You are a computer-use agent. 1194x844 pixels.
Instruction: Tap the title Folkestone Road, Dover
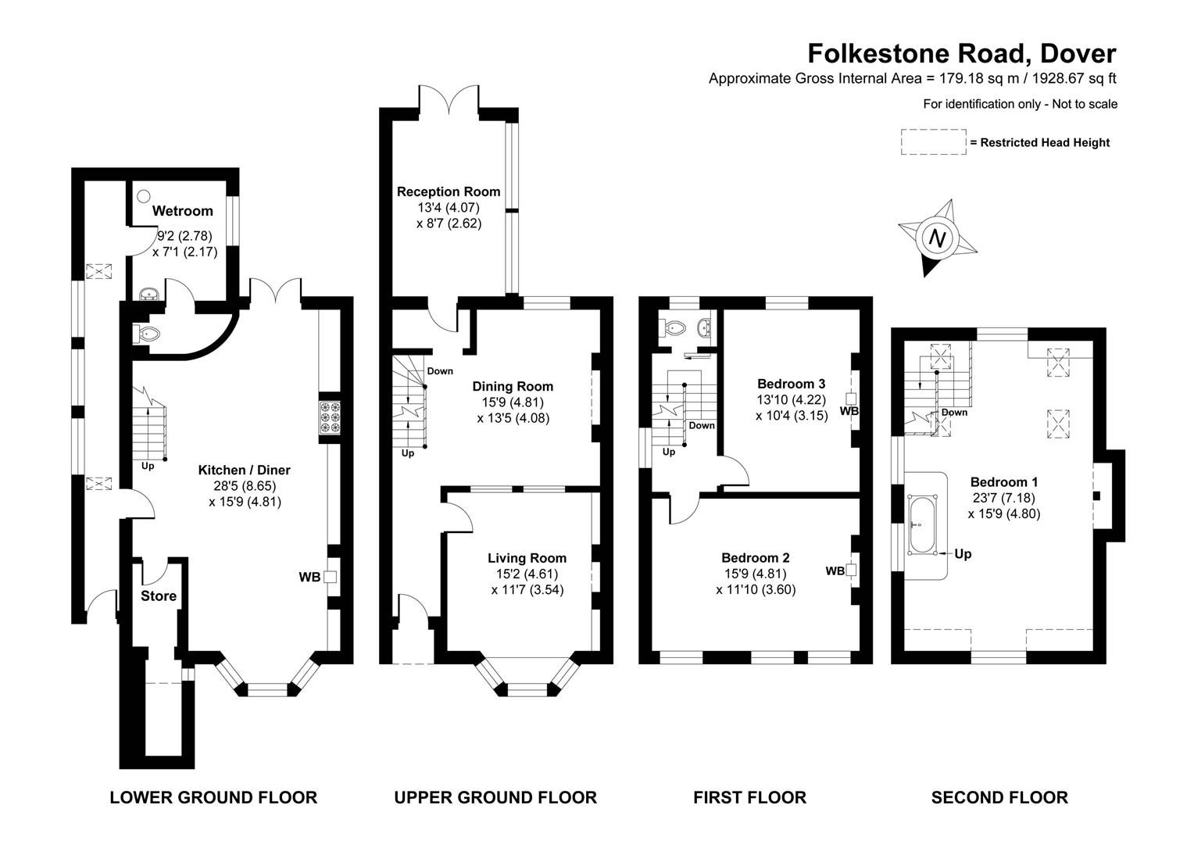(x=961, y=53)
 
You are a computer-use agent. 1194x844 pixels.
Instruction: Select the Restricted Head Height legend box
(x=933, y=142)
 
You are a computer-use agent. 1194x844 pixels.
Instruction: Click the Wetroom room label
(x=182, y=211)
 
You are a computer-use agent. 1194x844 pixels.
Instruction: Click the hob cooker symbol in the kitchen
(x=329, y=417)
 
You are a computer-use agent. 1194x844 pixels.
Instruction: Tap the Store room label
(x=159, y=595)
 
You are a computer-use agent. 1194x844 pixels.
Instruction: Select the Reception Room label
(x=449, y=191)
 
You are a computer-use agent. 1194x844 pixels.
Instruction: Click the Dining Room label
(x=513, y=386)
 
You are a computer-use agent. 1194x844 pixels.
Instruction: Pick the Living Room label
(x=527, y=558)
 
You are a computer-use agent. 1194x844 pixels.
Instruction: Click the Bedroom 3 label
(x=791, y=384)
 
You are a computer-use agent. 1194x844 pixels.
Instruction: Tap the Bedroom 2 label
(x=755, y=558)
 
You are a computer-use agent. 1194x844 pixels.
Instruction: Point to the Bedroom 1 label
(x=1003, y=482)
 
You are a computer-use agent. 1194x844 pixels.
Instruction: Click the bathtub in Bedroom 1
(x=922, y=525)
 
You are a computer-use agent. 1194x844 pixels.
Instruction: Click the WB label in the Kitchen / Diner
(x=309, y=578)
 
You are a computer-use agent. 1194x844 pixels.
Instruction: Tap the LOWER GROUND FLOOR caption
(x=213, y=797)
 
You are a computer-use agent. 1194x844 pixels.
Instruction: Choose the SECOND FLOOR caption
(x=999, y=797)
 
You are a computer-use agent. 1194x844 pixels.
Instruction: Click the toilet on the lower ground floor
(x=148, y=334)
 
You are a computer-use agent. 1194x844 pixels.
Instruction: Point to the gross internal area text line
(x=913, y=78)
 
